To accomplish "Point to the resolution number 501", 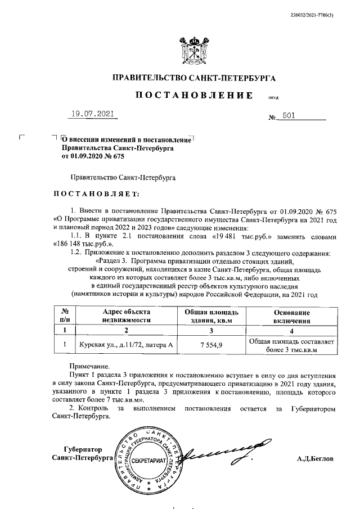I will [x=290, y=116].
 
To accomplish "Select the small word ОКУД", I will [x=273, y=98].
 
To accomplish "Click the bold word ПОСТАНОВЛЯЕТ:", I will [x=95, y=194].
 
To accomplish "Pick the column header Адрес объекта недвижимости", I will [x=127, y=316].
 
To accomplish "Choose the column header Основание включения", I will [x=292, y=316].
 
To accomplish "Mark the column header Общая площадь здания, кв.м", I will [x=211, y=316].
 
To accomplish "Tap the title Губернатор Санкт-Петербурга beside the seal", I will [x=82, y=454].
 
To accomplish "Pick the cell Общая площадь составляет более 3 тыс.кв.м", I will [x=292, y=345].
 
